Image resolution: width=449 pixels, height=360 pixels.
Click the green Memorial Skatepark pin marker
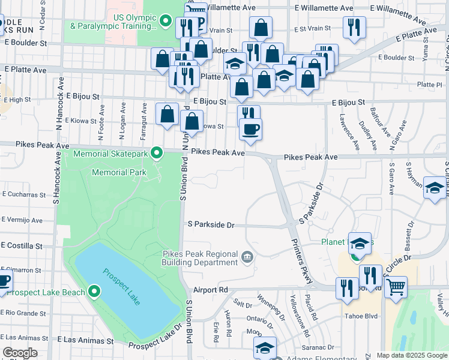(x=157, y=154)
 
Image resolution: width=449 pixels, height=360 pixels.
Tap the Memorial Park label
(x=119, y=173)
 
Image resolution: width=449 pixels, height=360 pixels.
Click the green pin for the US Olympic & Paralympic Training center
(x=166, y=22)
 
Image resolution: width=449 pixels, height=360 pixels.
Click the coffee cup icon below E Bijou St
(x=250, y=128)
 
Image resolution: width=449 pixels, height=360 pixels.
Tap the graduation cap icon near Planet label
(x=360, y=243)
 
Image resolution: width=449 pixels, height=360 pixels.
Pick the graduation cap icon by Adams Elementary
(x=265, y=347)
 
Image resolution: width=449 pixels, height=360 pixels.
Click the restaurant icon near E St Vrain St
(x=352, y=27)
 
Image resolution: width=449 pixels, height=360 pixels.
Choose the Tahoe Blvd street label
(x=360, y=316)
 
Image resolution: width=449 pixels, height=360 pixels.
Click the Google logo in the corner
(x=20, y=353)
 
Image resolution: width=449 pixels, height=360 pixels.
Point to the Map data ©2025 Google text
(x=412, y=355)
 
